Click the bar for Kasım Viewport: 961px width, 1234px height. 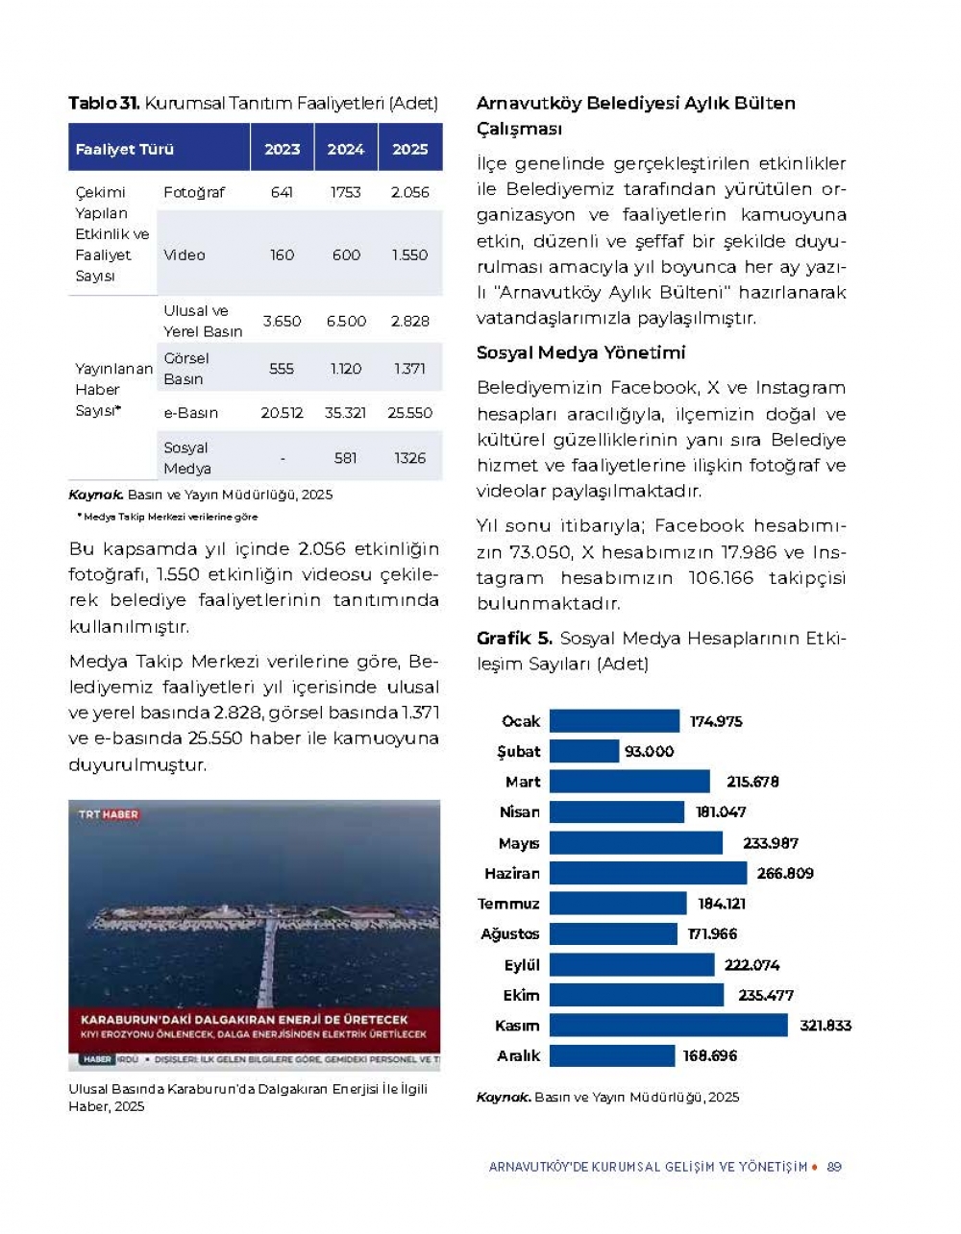click(x=668, y=1026)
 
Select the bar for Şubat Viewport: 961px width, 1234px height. click(x=584, y=751)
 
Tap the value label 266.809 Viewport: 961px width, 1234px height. click(x=784, y=873)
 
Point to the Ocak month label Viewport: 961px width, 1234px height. click(x=521, y=721)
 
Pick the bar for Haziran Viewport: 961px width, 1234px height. click(x=648, y=873)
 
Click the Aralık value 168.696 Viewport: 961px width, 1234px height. click(x=709, y=1055)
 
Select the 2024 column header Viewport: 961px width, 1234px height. click(x=345, y=149)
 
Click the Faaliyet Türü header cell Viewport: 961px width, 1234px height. click(x=125, y=149)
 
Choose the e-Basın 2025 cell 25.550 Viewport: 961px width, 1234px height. click(x=409, y=413)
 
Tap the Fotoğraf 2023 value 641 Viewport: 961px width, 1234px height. click(x=282, y=192)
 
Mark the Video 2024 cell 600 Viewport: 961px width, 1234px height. click(x=346, y=254)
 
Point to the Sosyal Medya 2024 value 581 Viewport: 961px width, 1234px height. click(x=346, y=458)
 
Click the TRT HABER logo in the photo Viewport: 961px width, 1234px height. click(x=109, y=814)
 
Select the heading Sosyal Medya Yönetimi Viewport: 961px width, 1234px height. click(x=580, y=352)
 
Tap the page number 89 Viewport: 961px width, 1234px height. click(x=834, y=1167)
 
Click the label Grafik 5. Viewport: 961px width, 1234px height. click(x=514, y=638)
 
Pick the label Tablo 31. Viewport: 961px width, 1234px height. click(x=104, y=103)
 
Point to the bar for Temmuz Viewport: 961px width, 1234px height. click(x=618, y=904)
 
